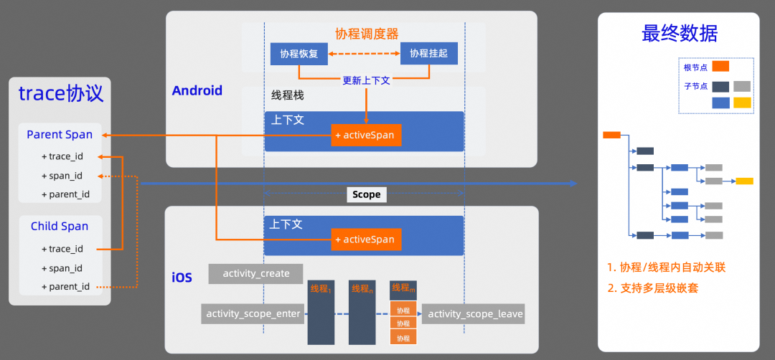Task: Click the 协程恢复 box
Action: click(299, 54)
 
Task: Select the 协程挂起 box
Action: click(428, 54)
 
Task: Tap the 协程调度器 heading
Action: click(367, 34)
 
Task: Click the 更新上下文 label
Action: click(366, 80)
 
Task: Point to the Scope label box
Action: click(366, 194)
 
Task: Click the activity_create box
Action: click(256, 273)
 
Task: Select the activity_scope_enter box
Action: click(253, 313)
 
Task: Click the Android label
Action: click(197, 90)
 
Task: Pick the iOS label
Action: click(182, 277)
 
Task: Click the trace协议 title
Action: click(60, 93)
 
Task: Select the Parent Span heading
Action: click(60, 134)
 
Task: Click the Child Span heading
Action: click(60, 226)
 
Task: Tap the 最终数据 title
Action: click(680, 34)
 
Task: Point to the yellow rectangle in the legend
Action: click(742, 103)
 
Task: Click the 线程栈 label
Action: click(286, 96)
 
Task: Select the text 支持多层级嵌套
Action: click(659, 288)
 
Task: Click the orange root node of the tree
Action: click(611, 134)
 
